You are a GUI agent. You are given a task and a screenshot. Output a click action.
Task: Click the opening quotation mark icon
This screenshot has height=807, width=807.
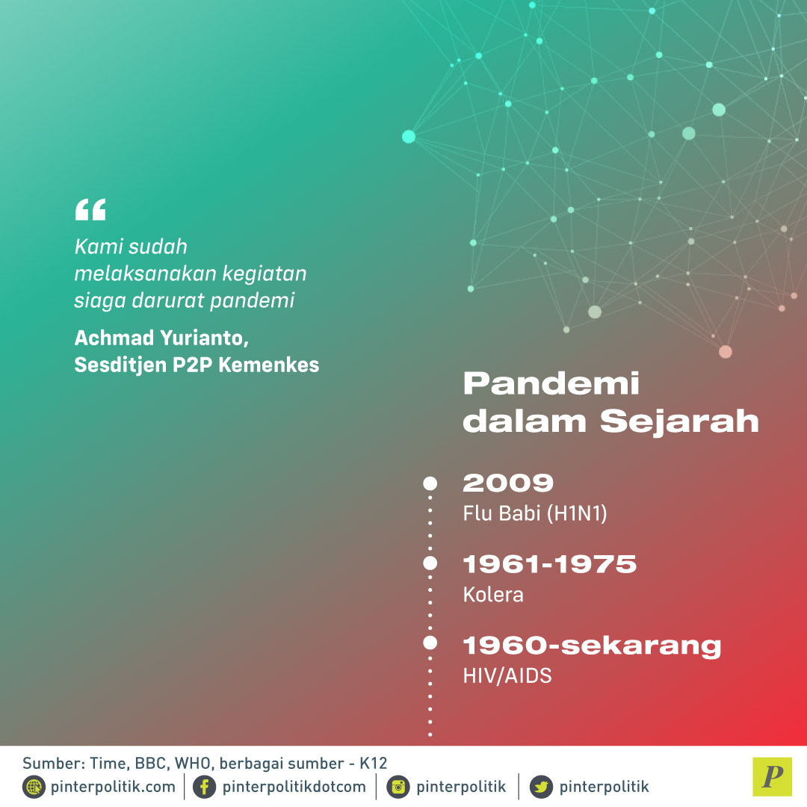point(90,209)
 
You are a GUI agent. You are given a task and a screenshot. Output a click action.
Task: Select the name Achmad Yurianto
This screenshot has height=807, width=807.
point(161,338)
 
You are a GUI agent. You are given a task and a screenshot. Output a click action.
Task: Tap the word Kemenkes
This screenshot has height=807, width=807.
point(269,365)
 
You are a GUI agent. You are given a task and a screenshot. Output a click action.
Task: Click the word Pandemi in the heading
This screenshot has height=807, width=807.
point(551,383)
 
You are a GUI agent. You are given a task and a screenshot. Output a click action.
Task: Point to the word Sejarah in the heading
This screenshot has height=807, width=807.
point(679,421)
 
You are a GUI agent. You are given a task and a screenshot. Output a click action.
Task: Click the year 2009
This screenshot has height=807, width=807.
point(508,483)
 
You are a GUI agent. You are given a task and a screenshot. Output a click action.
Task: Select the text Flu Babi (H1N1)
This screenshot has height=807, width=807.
point(535,513)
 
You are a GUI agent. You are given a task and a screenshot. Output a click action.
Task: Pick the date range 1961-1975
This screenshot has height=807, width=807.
point(550,564)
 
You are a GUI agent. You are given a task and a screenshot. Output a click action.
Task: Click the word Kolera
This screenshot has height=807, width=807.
point(493,595)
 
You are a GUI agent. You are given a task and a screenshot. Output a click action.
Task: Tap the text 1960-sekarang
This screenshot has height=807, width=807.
point(592,646)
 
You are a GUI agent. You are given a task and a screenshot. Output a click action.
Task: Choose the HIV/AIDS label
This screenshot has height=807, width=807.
point(507,675)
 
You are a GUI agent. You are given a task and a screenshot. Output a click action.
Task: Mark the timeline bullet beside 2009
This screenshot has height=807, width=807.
point(430,483)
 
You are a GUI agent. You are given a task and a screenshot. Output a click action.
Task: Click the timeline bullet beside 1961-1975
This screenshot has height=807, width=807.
point(430,563)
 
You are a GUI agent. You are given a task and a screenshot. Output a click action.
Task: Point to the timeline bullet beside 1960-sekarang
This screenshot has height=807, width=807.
point(430,643)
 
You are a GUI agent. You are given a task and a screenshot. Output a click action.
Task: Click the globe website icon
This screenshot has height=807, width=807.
point(34,787)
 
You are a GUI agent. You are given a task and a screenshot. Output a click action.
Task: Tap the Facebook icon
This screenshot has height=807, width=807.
point(204,787)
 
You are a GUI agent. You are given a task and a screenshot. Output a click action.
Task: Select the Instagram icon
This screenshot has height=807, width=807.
point(398,787)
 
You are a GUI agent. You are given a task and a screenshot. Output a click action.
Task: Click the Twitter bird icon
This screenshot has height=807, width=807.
point(541,787)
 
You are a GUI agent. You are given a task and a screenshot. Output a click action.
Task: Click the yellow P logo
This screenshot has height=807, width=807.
point(772,776)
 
